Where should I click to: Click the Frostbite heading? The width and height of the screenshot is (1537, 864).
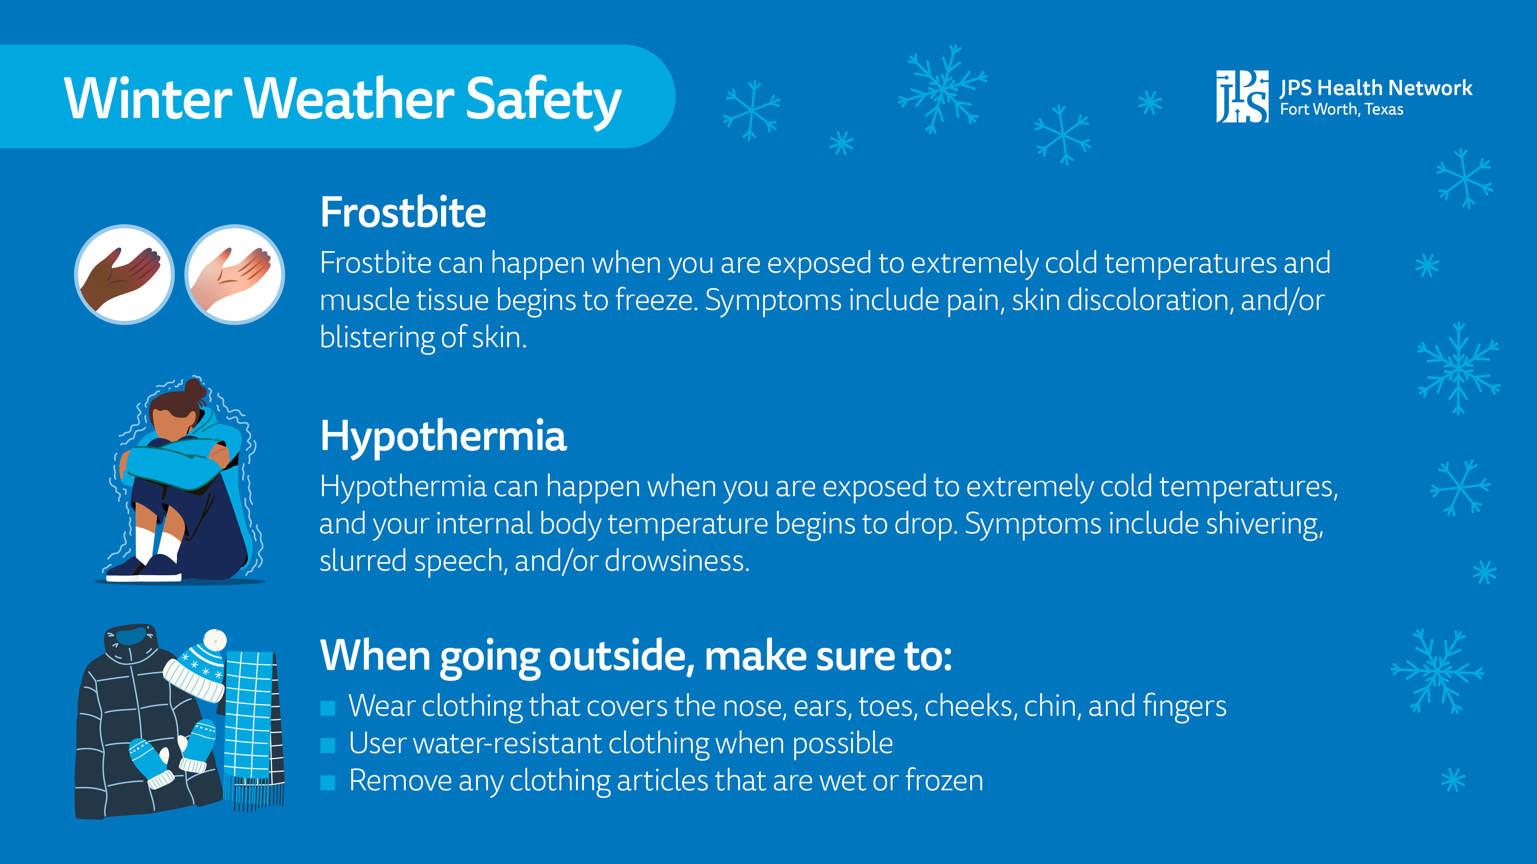403,213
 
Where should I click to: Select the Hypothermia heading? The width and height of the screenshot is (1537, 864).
443,436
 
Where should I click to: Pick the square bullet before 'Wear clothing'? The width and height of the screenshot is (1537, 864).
327,708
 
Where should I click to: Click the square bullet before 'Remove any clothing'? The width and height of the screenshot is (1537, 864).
327,782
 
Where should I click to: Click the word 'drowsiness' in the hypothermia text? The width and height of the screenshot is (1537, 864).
677,561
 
